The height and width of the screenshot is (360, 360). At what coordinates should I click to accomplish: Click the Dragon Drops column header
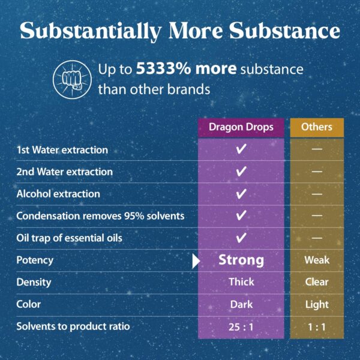[x=241, y=127]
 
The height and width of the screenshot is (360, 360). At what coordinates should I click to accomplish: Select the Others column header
[x=317, y=127]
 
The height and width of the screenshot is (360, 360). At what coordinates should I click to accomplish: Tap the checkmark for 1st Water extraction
[x=241, y=150]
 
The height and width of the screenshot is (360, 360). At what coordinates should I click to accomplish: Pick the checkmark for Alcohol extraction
[x=241, y=194]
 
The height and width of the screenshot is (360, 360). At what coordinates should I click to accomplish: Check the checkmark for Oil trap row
[x=241, y=238]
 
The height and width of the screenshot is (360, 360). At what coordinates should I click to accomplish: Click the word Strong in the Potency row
[x=241, y=260]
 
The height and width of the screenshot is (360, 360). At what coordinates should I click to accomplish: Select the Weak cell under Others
[x=317, y=260]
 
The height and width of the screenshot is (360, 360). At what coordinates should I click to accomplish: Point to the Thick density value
[x=241, y=282]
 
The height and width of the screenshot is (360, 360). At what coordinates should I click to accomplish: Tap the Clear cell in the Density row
[x=317, y=282]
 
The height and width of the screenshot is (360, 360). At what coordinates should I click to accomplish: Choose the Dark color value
[x=241, y=304]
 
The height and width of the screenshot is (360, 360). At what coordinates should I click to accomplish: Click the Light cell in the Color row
[x=317, y=304]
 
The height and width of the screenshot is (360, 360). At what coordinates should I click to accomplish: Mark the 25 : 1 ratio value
[x=241, y=326]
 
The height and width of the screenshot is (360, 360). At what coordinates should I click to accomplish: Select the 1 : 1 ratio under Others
[x=317, y=326]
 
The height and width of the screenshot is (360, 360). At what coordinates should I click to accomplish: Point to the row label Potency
[x=35, y=260]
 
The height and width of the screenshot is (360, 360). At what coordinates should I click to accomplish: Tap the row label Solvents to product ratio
[x=73, y=326]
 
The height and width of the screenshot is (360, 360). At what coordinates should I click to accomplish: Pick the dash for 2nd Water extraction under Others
[x=317, y=172]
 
